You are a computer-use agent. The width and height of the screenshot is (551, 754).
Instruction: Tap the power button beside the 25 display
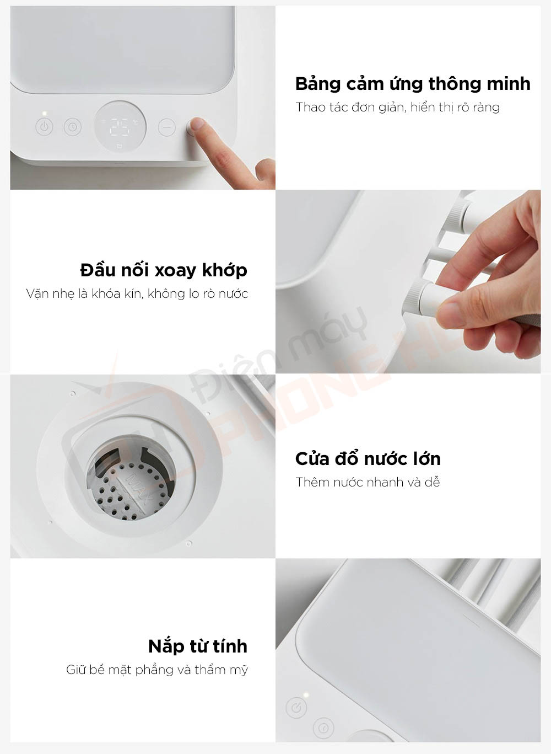point(45,127)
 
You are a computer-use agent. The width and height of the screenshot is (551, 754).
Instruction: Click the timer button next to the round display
point(72,127)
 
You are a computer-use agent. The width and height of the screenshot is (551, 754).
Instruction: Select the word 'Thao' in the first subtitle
point(310,107)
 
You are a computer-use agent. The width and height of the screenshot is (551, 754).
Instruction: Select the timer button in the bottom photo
point(324,728)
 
